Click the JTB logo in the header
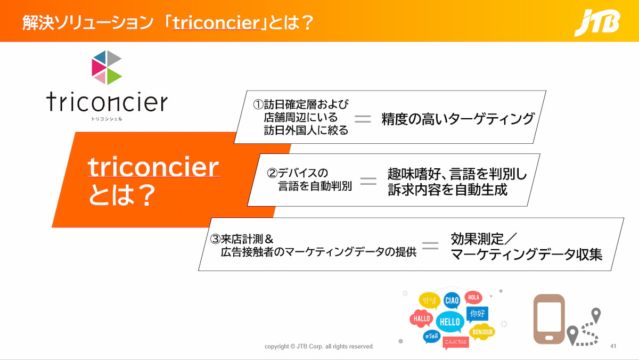pos(597,22)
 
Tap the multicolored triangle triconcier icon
pos(106,68)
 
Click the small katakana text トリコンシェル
pos(106,119)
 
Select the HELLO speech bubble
pos(450,322)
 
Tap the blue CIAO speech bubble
pos(452,300)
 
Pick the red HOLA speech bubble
pos(473,298)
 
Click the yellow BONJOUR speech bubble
pos(482,332)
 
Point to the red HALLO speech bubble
pos(422,318)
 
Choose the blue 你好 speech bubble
pos(477,314)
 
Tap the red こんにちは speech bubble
pos(456,342)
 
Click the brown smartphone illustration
pos(549,319)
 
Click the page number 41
pos(613,346)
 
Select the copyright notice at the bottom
pos(319,346)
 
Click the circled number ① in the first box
pos(258,105)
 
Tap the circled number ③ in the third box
pos(215,239)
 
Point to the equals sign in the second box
pos(368,181)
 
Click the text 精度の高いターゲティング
pos(457,119)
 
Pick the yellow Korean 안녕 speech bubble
pos(429,301)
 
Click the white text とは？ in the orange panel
pos(122,195)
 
